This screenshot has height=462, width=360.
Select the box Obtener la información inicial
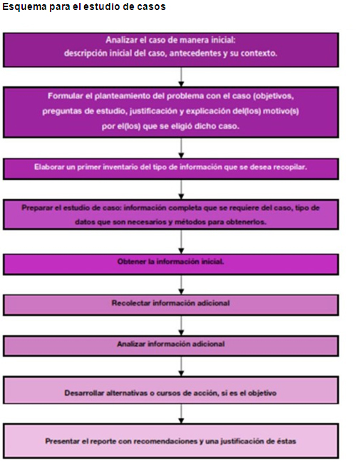tap(171, 265)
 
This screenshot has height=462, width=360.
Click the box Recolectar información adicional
tap(171, 305)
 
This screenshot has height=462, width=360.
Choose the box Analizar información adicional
tap(171, 346)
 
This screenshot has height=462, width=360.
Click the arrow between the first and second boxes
tap(182, 77)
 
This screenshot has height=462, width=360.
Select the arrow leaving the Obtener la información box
tap(182, 285)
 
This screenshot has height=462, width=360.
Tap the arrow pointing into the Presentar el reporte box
tap(182, 414)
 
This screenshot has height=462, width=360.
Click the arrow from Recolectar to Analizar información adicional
tap(182, 326)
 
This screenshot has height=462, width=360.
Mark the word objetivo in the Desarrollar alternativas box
tap(262, 393)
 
